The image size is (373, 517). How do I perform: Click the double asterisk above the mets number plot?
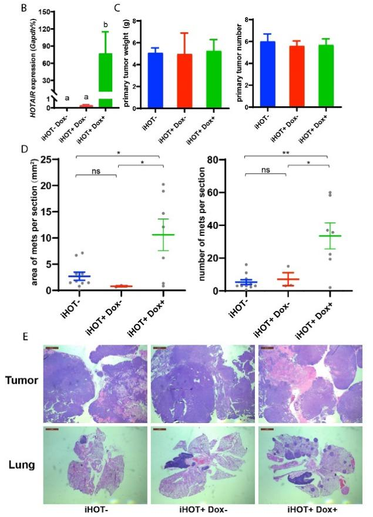coord(286,151)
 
